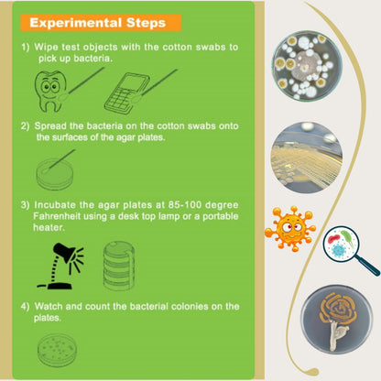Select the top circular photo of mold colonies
(307, 66)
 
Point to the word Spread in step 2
(53, 125)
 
